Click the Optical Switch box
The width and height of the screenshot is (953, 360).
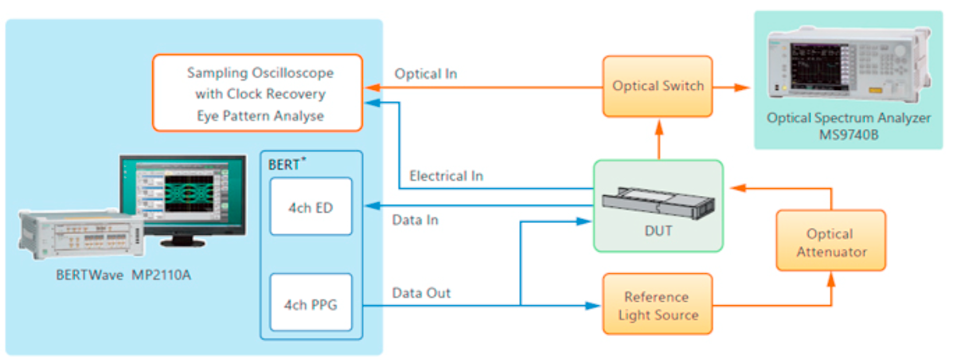point(657,86)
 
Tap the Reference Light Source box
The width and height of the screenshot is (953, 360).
point(657,306)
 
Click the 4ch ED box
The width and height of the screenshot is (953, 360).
point(310,207)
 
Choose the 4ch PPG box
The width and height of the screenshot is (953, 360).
point(310,303)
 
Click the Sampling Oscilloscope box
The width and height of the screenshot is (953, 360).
point(257,93)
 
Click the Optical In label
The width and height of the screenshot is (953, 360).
point(425,74)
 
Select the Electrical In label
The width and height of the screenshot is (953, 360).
point(446,175)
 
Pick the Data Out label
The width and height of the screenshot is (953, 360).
point(421,293)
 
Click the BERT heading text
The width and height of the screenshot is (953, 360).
point(287,165)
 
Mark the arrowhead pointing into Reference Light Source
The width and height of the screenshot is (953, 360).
point(594,305)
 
